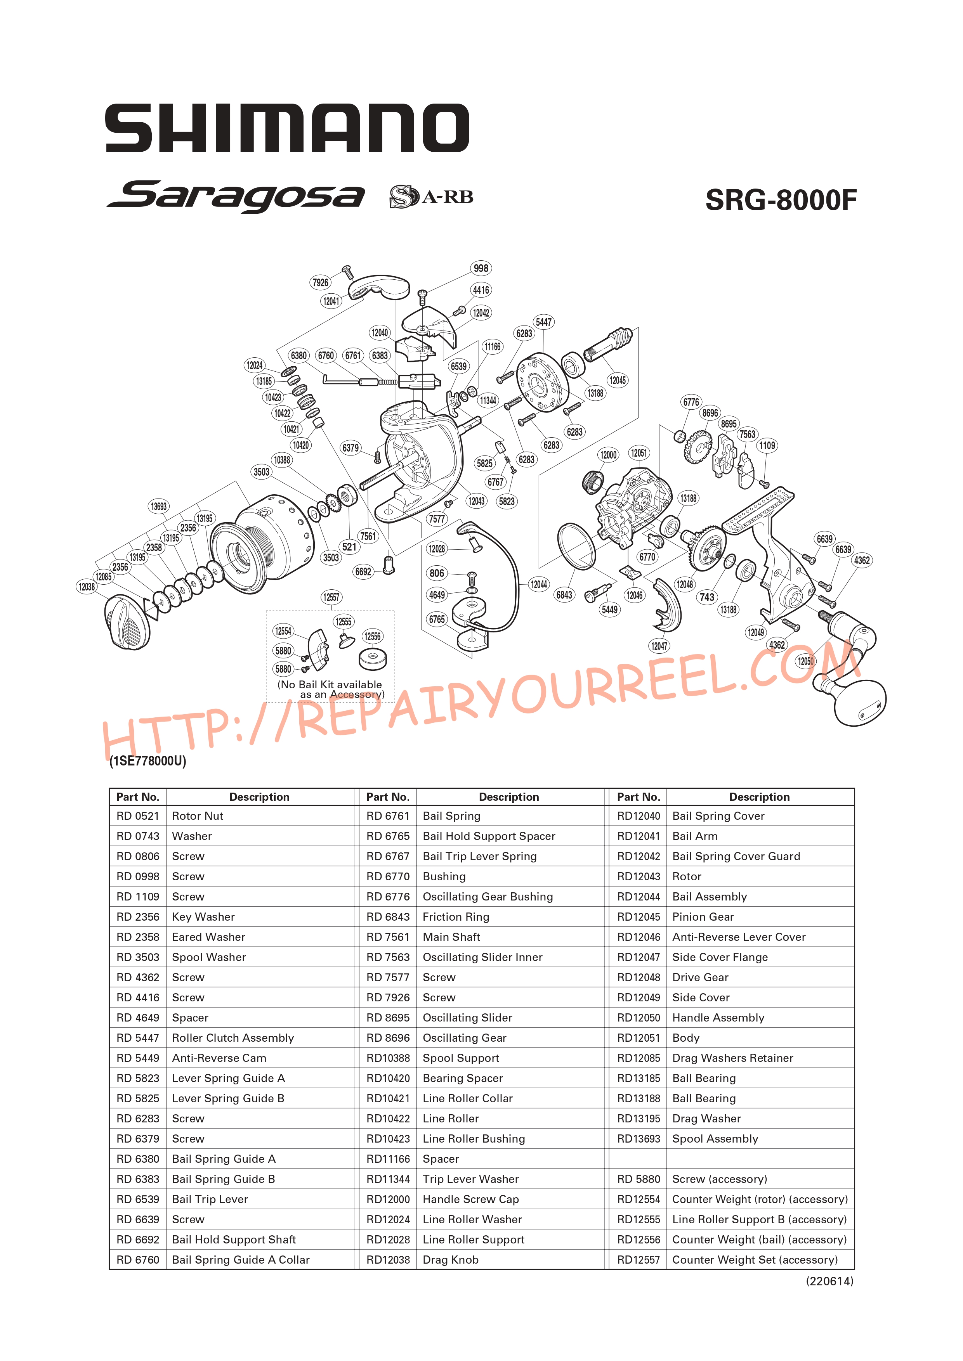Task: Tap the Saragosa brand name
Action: coord(236,196)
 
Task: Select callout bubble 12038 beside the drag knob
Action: coord(87,587)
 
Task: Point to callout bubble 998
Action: coord(481,268)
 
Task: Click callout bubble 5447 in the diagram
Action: coord(543,322)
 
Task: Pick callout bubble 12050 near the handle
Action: coord(805,661)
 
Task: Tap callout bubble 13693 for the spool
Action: coord(159,506)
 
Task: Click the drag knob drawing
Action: coord(127,622)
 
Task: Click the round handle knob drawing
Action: coord(860,703)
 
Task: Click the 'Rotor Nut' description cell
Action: coord(198,816)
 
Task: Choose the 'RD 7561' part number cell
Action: coord(388,937)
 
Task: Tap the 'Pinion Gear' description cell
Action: coord(703,916)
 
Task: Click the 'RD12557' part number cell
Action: coord(638,1260)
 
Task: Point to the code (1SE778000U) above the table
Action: coord(147,760)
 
